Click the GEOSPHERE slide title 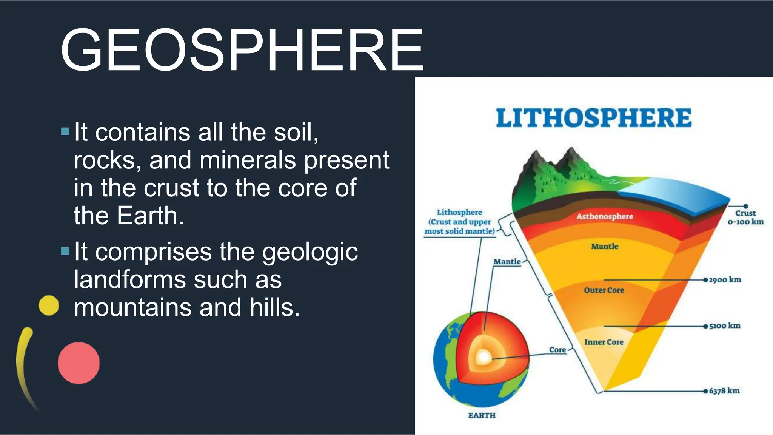(x=242, y=50)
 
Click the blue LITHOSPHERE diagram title (x=593, y=118)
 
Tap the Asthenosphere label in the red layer (x=604, y=216)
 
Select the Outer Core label (x=604, y=290)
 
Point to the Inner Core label (x=604, y=342)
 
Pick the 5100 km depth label (x=724, y=325)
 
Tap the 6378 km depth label (x=724, y=391)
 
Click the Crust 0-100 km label (x=745, y=217)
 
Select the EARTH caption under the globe (x=482, y=415)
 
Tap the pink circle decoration (x=79, y=363)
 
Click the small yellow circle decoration (x=49, y=305)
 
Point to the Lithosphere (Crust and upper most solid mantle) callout (x=459, y=222)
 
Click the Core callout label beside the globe (x=557, y=350)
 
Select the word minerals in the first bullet (x=248, y=160)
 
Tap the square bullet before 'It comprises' (x=65, y=251)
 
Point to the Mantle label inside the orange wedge (x=604, y=247)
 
